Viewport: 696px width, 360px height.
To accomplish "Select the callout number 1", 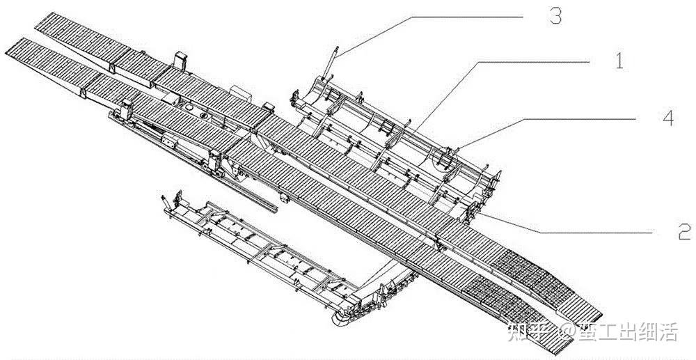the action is tap(617, 61).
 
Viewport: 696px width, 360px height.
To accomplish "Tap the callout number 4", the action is tap(668, 119).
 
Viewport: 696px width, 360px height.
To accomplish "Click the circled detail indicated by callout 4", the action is tap(443, 157).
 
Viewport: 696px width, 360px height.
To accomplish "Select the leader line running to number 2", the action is tap(557, 226).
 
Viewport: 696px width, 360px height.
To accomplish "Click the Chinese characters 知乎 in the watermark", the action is tap(530, 333).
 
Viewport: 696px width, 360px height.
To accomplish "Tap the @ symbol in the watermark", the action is tap(565, 334).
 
